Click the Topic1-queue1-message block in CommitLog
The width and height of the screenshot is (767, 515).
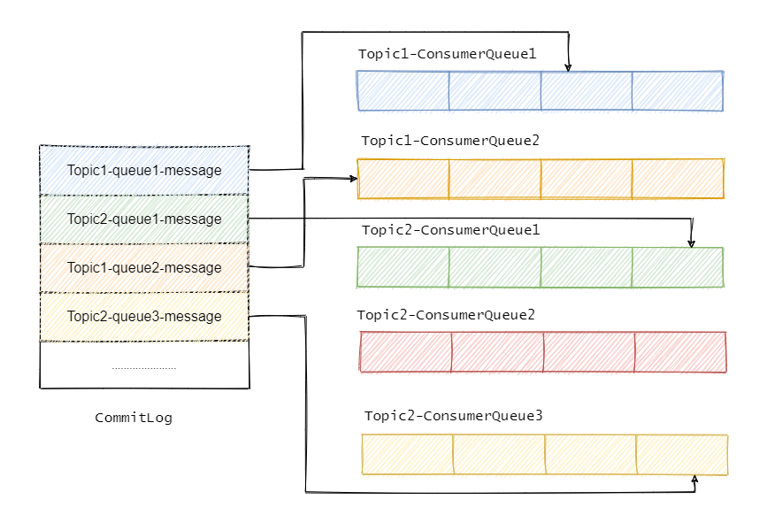pyautogui.click(x=144, y=170)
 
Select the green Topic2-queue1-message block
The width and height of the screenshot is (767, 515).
pyautogui.click(x=144, y=219)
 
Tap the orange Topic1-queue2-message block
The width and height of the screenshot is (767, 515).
pyautogui.click(x=144, y=267)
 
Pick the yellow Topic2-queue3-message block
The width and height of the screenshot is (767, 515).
pyautogui.click(x=144, y=316)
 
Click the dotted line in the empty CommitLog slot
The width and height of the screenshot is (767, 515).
pyautogui.click(x=144, y=367)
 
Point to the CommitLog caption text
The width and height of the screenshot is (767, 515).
pyautogui.click(x=134, y=418)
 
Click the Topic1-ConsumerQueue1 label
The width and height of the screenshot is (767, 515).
pyautogui.click(x=447, y=54)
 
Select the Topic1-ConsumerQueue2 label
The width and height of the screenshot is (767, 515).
pyautogui.click(x=449, y=141)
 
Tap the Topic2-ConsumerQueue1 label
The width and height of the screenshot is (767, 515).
pyautogui.click(x=450, y=229)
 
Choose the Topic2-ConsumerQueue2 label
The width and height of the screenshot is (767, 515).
pyautogui.click(x=446, y=315)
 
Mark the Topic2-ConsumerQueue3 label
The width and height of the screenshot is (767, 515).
pyautogui.click(x=453, y=415)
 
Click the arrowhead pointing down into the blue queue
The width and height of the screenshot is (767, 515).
pyautogui.click(x=570, y=66)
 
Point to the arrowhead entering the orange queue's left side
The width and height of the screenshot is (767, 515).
pyautogui.click(x=353, y=179)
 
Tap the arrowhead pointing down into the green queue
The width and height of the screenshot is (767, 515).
pyautogui.click(x=692, y=242)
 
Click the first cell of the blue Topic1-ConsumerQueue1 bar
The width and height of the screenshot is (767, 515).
pyautogui.click(x=403, y=90)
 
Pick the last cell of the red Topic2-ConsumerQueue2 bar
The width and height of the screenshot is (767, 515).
pyautogui.click(x=680, y=351)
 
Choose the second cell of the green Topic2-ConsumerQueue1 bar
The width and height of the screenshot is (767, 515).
pyautogui.click(x=495, y=266)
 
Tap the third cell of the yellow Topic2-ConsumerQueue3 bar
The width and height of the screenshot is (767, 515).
pyautogui.click(x=590, y=455)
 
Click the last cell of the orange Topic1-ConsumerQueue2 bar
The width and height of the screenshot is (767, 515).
pyautogui.click(x=679, y=178)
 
